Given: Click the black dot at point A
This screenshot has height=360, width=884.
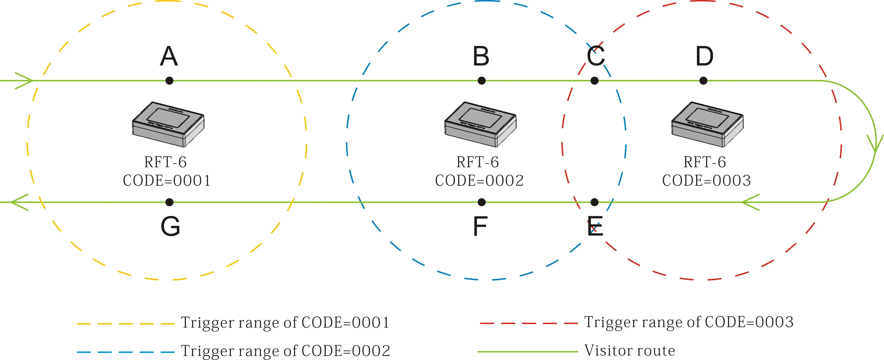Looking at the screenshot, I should [x=169, y=81].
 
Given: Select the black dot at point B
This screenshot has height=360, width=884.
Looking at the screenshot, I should [x=482, y=81].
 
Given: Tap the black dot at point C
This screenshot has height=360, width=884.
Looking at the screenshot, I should [x=594, y=81].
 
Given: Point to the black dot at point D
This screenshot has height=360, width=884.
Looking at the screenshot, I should [x=703, y=81].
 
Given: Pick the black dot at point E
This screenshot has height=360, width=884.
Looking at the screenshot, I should [x=594, y=202].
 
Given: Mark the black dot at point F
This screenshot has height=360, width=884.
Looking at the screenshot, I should [x=482, y=202].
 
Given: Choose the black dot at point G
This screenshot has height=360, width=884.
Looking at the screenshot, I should [x=169, y=202].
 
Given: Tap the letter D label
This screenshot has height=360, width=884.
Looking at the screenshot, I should [x=704, y=56].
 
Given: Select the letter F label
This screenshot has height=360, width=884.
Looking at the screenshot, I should [x=480, y=227].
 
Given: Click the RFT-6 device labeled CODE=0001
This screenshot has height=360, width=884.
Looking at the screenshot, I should [x=168, y=124].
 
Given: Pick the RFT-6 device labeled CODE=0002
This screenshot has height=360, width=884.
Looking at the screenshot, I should [x=480, y=124].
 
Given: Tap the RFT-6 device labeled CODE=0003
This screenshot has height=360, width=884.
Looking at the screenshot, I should [x=707, y=124].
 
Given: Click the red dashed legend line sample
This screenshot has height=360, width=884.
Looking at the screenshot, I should [x=528, y=323].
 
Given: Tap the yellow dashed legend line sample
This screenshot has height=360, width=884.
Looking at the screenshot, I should [x=125, y=324].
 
